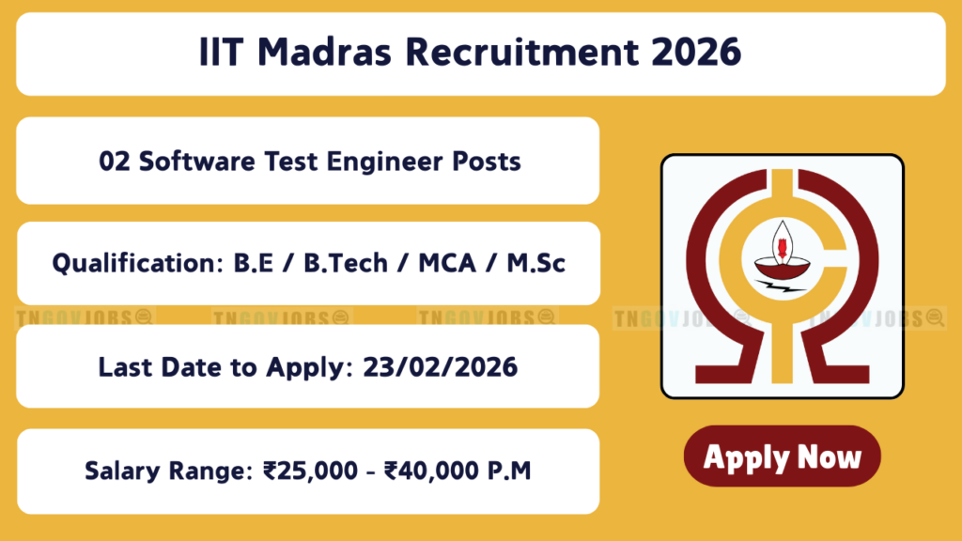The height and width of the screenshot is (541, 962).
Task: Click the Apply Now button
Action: tap(783, 456)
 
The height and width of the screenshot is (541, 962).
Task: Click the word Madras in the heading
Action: tap(324, 52)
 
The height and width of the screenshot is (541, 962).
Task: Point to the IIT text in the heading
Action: tap(221, 52)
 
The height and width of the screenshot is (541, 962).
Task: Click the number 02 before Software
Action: tap(115, 162)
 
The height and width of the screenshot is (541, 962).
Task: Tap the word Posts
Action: tap(487, 162)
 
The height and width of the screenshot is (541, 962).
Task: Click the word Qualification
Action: tap(137, 264)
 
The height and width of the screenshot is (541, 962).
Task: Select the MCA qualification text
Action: tap(447, 263)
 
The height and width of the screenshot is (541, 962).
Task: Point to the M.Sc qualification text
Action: tap(535, 263)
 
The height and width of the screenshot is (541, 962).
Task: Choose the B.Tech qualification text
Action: tap(346, 263)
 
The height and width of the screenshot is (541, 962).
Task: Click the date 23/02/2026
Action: tap(441, 367)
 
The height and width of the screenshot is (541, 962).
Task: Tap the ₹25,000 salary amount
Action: tap(310, 471)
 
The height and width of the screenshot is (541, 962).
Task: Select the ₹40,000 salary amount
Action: tap(431, 471)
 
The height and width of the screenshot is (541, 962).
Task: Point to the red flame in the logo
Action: tap(783, 248)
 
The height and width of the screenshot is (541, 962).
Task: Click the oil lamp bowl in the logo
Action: tap(783, 269)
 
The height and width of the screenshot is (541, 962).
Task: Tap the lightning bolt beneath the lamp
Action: tap(781, 286)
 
